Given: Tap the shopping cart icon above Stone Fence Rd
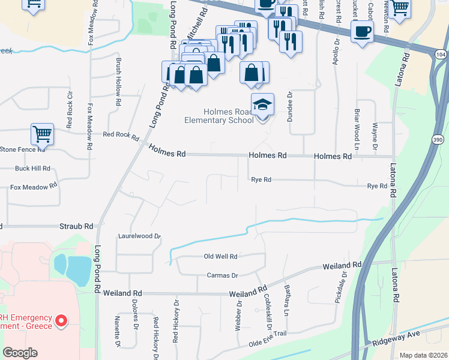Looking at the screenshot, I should click(x=42, y=135).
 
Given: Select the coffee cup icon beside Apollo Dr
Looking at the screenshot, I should click(x=362, y=31).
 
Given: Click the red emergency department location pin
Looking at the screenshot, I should click(x=61, y=321).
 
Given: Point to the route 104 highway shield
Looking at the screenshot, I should click(x=440, y=54).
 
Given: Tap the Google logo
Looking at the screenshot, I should click(x=20, y=353).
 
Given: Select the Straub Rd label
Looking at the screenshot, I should click(x=76, y=227).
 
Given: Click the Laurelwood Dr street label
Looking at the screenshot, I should click(x=139, y=236).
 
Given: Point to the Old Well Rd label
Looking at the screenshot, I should click(x=221, y=256).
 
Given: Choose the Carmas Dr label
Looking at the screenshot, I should click(x=222, y=275).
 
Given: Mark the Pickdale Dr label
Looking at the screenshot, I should click(x=340, y=287).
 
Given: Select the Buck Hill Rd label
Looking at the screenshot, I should click(x=32, y=169).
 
